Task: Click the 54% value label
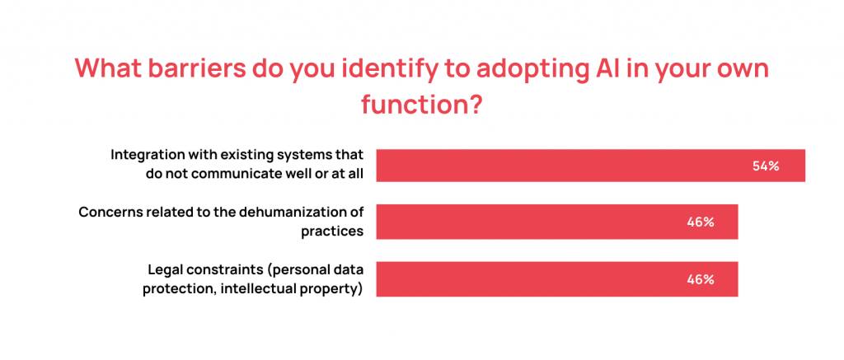(766, 166)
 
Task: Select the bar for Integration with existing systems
(577, 166)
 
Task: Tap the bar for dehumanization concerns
(536, 222)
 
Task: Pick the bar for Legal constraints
(536, 279)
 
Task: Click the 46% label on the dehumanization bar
(700, 222)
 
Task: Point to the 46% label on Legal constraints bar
(700, 279)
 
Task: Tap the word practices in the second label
(332, 231)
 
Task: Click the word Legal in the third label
(165, 269)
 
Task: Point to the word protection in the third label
(176, 288)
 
